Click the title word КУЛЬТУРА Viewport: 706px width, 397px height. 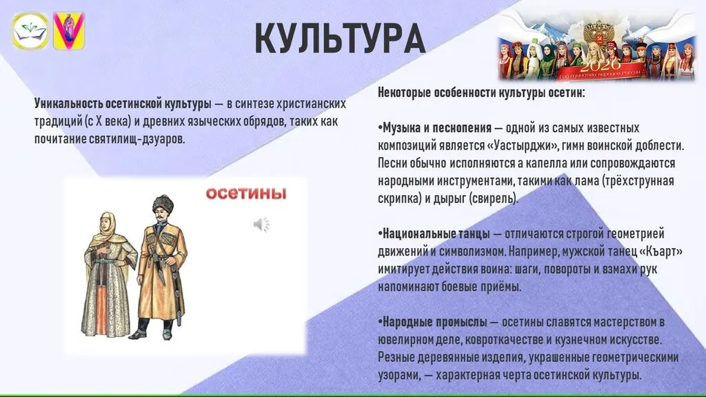coord(340,39)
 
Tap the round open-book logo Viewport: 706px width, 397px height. coord(30,30)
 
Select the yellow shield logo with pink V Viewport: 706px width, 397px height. coord(69,30)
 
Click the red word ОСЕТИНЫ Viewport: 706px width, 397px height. coord(246,194)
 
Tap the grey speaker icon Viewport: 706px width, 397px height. coord(261,224)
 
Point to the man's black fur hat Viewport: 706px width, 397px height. coord(163,204)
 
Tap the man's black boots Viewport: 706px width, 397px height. coord(151,329)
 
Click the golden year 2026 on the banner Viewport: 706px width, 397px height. coord(596,66)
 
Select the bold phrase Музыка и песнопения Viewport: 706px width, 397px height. coord(436,128)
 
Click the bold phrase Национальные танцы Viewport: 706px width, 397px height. coord(436,234)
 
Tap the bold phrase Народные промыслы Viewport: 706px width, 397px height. coord(434,323)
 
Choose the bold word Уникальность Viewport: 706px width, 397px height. coord(68,104)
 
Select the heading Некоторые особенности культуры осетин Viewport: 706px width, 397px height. coord(481,93)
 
